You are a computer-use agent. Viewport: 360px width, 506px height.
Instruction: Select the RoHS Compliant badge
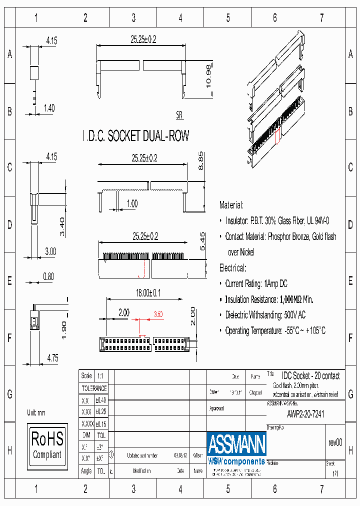coord(47,445)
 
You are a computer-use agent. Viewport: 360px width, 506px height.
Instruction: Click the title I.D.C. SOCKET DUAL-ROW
coord(135,136)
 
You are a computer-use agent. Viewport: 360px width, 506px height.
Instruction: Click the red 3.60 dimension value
coord(158,314)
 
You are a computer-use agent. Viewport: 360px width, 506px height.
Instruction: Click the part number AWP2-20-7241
coord(305,414)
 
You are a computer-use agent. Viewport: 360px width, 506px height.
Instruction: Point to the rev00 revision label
coord(335,442)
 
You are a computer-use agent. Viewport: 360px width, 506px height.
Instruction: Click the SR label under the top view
coord(179,115)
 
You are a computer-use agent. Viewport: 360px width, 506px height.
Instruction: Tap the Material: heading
coord(231,205)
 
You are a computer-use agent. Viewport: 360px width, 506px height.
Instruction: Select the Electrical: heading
coord(233,268)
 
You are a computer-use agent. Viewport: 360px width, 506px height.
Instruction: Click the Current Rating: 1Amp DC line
coord(256,283)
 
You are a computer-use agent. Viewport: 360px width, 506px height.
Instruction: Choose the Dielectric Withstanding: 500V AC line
coord(265,315)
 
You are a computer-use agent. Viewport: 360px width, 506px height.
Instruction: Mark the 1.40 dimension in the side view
coord(49,107)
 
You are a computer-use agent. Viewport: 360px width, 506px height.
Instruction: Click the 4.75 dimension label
coord(52,357)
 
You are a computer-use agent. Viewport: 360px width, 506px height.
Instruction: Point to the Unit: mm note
coord(36,412)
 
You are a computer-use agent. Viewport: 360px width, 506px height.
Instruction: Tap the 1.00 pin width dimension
coord(132,203)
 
